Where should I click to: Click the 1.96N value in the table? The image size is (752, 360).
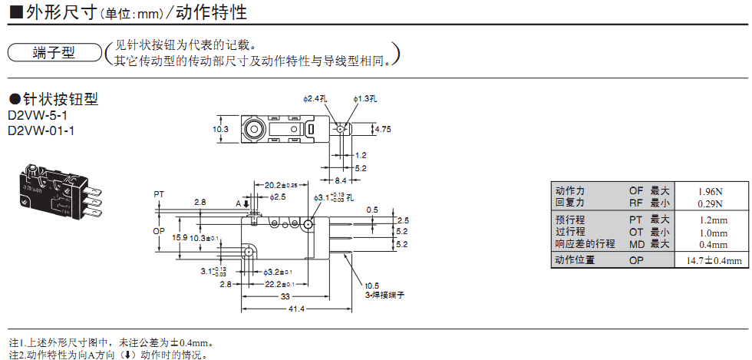click(x=711, y=191)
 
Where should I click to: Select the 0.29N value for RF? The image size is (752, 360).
click(x=711, y=203)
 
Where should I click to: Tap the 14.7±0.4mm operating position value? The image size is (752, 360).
click(x=713, y=262)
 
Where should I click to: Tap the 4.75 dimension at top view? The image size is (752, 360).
click(x=382, y=130)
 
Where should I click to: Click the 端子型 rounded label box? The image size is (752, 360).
click(x=53, y=53)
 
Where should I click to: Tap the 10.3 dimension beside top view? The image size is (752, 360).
click(x=221, y=130)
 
